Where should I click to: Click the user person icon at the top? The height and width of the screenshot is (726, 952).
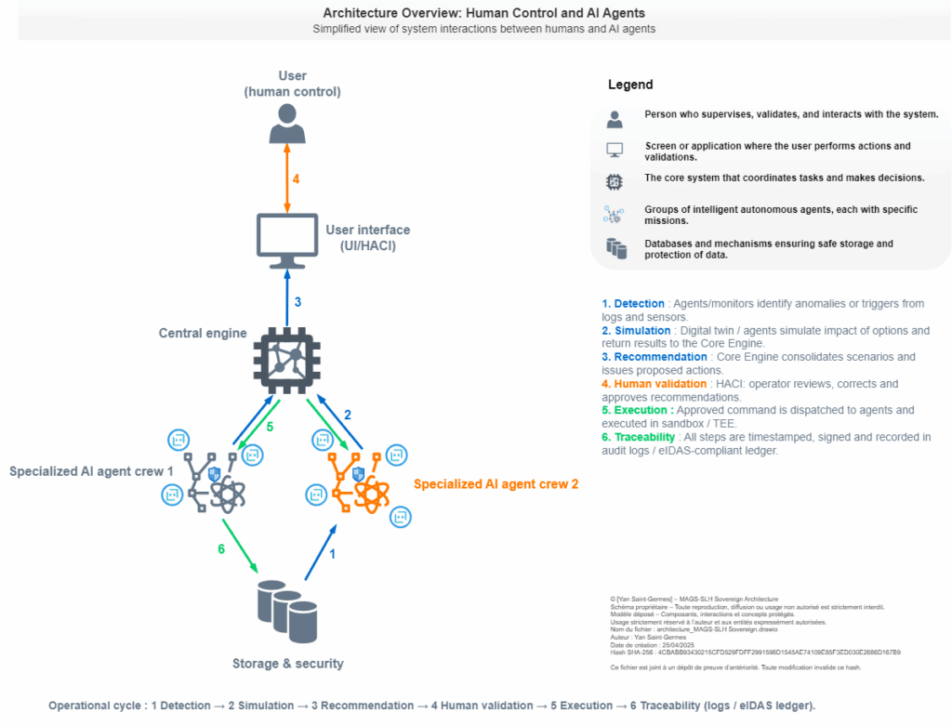pyautogui.click(x=287, y=124)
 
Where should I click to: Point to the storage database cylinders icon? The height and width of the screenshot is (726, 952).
pyautogui.click(x=287, y=611)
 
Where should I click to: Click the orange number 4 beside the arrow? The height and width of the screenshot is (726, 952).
pyautogui.click(x=296, y=178)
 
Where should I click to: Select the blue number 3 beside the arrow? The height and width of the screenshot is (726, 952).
pyautogui.click(x=297, y=302)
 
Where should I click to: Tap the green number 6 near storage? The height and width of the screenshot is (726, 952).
pyautogui.click(x=221, y=549)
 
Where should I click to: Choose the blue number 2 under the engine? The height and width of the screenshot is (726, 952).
pyautogui.click(x=348, y=415)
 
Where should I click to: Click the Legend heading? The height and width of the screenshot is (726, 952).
pyautogui.click(x=630, y=85)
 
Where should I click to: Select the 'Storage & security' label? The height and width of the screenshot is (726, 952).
pyautogui.click(x=287, y=664)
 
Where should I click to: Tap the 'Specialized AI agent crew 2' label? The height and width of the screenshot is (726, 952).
pyautogui.click(x=496, y=484)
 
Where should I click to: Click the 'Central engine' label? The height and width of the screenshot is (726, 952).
pyautogui.click(x=203, y=333)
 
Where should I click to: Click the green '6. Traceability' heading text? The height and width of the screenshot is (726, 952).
pyautogui.click(x=641, y=437)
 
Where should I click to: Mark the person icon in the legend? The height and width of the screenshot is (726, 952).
pyautogui.click(x=615, y=119)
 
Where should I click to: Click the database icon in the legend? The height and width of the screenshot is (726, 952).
pyautogui.click(x=615, y=248)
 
